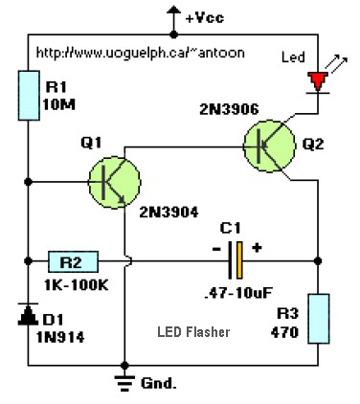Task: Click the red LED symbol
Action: coord(317,80)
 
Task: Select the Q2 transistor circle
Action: coord(271,145)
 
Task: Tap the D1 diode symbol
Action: coord(26,312)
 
